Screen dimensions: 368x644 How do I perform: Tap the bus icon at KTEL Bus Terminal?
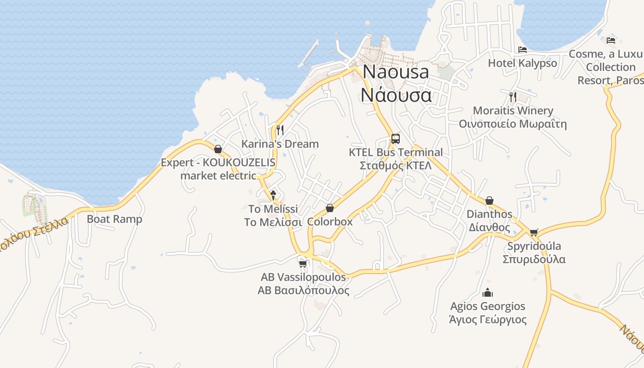(x=395, y=138)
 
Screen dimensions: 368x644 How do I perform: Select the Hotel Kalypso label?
(x=522, y=63)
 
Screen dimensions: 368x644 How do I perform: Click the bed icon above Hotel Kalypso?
(x=523, y=50)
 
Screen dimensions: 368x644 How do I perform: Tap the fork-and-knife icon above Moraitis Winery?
(x=513, y=97)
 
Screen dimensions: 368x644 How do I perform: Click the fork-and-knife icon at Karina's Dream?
(x=280, y=130)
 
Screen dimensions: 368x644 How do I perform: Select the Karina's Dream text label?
(x=280, y=144)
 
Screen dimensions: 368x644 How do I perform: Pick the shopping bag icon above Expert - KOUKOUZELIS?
(x=218, y=149)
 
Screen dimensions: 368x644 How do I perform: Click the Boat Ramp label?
(x=115, y=219)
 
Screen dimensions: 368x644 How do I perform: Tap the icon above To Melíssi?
(x=273, y=195)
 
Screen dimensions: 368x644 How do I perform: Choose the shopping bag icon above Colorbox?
(x=329, y=208)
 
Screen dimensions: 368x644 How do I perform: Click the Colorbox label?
(x=330, y=222)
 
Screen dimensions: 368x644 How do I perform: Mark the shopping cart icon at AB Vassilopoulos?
(x=303, y=264)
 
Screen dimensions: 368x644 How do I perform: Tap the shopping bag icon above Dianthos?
(x=489, y=201)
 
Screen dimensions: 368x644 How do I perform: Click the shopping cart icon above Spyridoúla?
(x=534, y=232)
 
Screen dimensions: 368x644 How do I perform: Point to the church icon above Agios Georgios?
(x=488, y=293)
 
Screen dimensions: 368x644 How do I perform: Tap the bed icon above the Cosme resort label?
(x=611, y=40)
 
